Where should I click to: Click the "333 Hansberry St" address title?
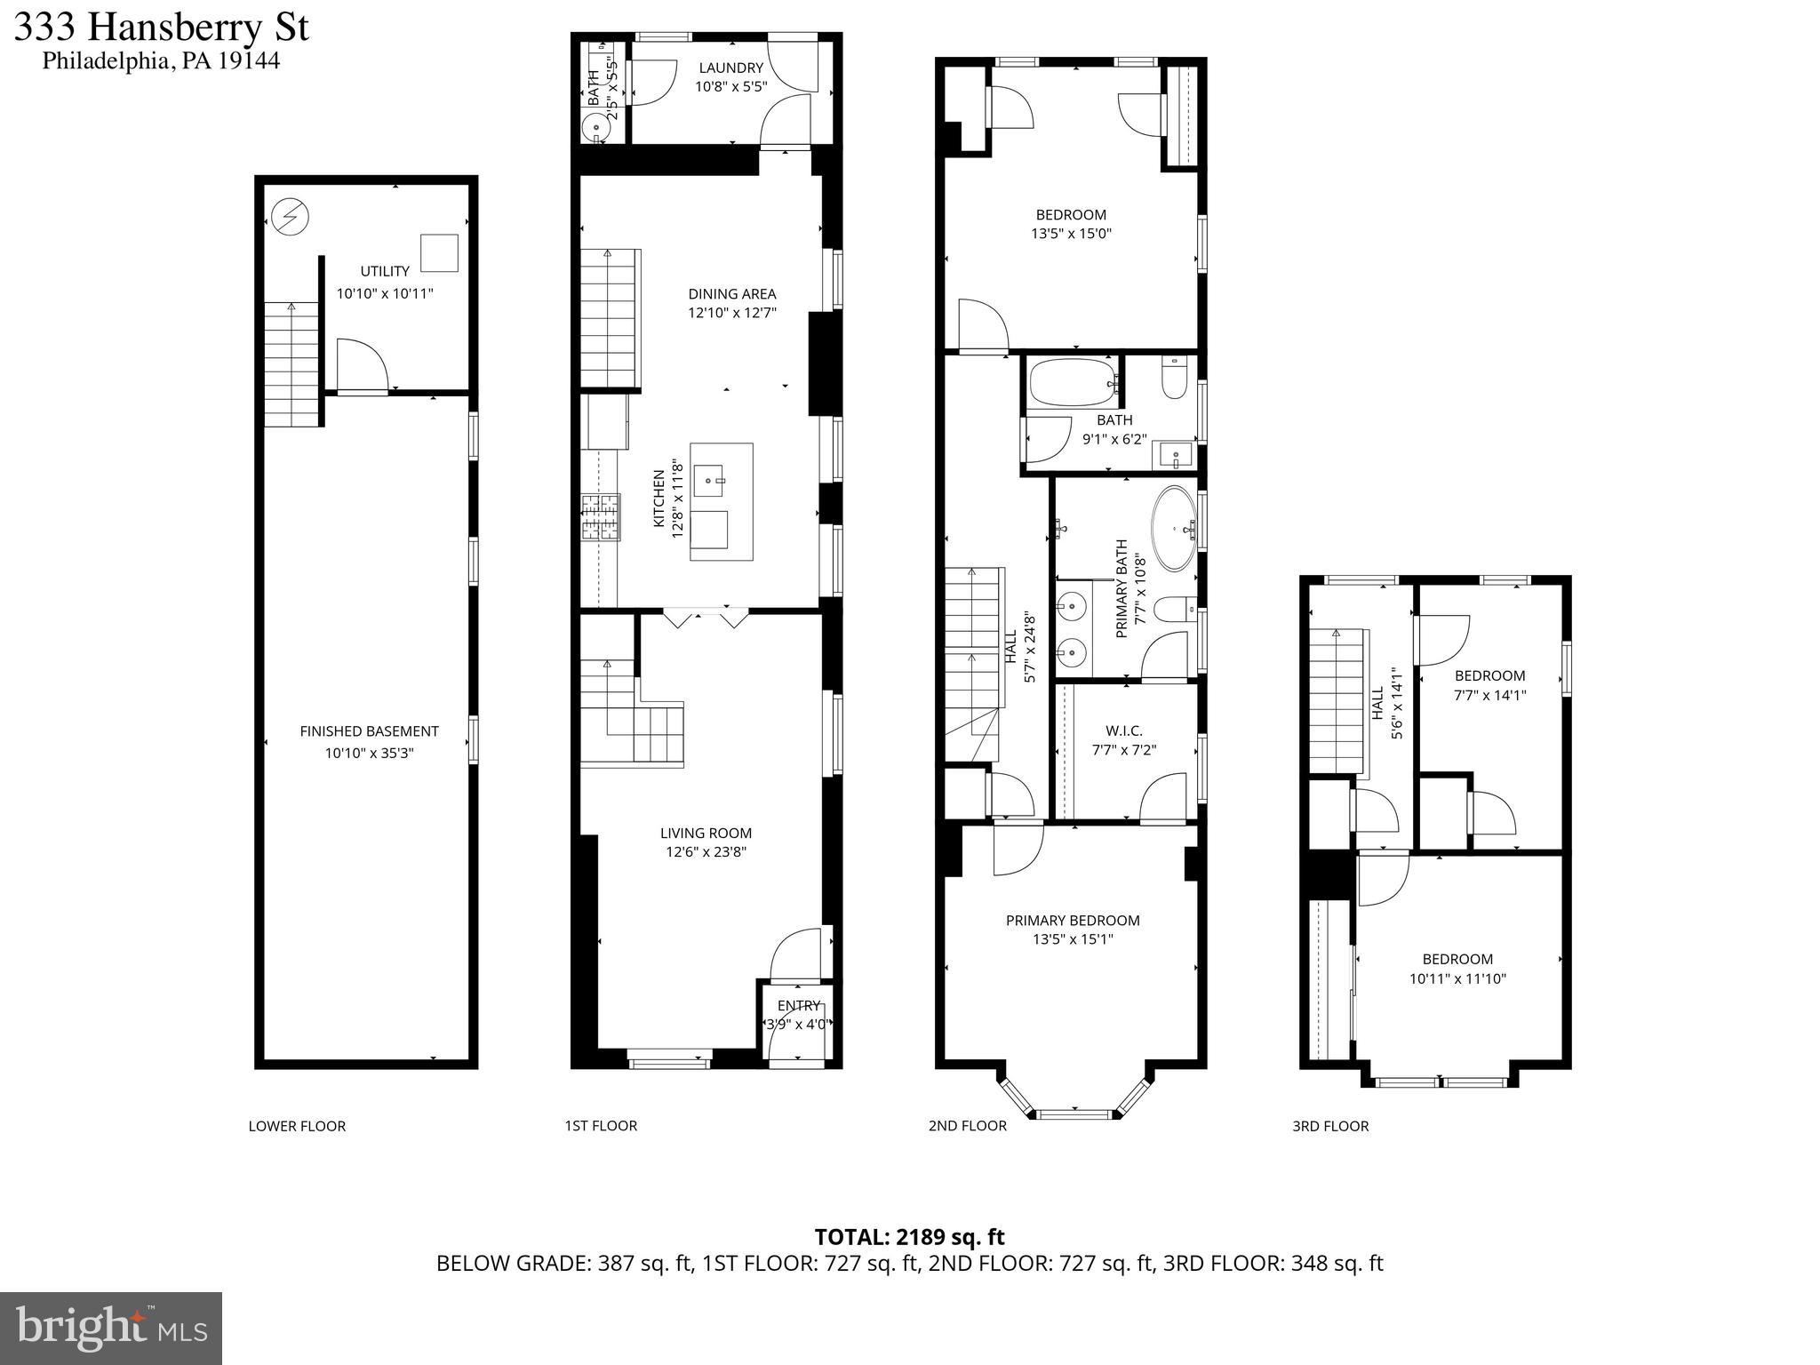162,28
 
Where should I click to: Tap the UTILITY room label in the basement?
385,271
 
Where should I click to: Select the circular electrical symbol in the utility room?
290,216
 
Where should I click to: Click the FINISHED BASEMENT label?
369,731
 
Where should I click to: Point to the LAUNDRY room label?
730,68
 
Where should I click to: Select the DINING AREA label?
731,293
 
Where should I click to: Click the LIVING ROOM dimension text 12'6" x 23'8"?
706,852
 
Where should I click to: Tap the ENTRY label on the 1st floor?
798,1005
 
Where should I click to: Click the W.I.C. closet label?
1124,730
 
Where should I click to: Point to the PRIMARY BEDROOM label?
1072,920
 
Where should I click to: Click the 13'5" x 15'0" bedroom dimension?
1071,234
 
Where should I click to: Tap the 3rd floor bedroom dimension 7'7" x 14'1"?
1489,695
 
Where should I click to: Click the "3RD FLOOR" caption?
1329,1126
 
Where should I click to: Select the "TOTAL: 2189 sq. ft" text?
909,1236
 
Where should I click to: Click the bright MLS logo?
111,1328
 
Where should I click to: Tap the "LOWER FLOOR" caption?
297,1126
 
